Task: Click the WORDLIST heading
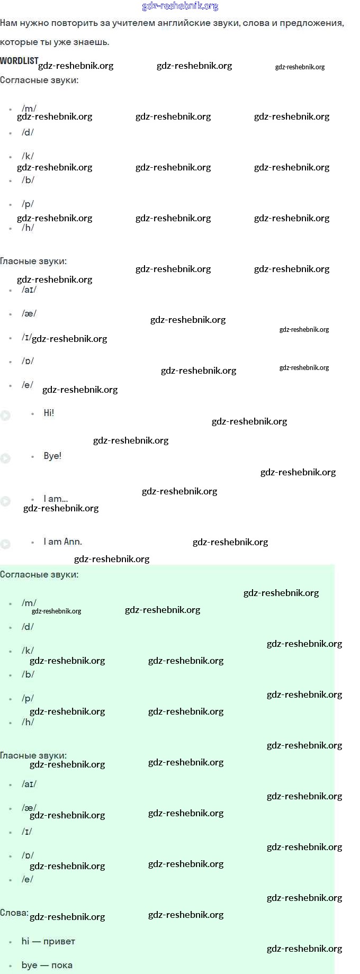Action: (x=19, y=61)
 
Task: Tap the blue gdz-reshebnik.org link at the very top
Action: (x=180, y=6)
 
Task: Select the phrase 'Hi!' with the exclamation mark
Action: (x=49, y=413)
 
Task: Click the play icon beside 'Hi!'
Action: (x=5, y=416)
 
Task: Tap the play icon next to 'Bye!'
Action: (x=5, y=458)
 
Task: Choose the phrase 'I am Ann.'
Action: (x=62, y=542)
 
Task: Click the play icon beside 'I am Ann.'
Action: (x=5, y=544)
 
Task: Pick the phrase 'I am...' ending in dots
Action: (x=56, y=499)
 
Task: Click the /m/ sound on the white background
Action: (x=29, y=109)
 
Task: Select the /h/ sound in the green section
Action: (x=28, y=722)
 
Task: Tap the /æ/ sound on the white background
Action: (x=29, y=313)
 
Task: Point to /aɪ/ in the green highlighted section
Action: (x=29, y=784)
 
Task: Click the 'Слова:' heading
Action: (x=14, y=913)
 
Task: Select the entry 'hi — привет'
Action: (x=48, y=941)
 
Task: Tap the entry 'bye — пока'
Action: (x=47, y=965)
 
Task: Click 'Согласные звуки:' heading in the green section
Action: (x=39, y=574)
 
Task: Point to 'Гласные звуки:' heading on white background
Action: (x=33, y=261)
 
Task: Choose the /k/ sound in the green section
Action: (x=28, y=651)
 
